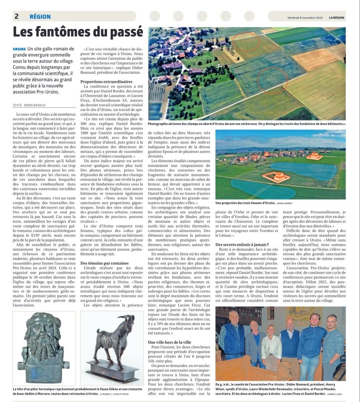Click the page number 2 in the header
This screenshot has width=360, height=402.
[x=16, y=16]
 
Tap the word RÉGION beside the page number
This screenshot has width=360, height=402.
[x=40, y=16]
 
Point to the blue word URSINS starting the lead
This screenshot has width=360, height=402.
[x=19, y=49]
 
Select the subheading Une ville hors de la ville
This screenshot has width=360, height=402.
[x=170, y=342]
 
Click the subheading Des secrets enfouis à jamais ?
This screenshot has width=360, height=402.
[x=242, y=244]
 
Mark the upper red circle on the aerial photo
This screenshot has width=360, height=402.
[x=246, y=42]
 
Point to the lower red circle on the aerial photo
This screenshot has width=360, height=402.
[x=272, y=81]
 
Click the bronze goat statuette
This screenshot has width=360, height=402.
[x=114, y=345]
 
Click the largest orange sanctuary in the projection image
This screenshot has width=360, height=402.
[x=277, y=177]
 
